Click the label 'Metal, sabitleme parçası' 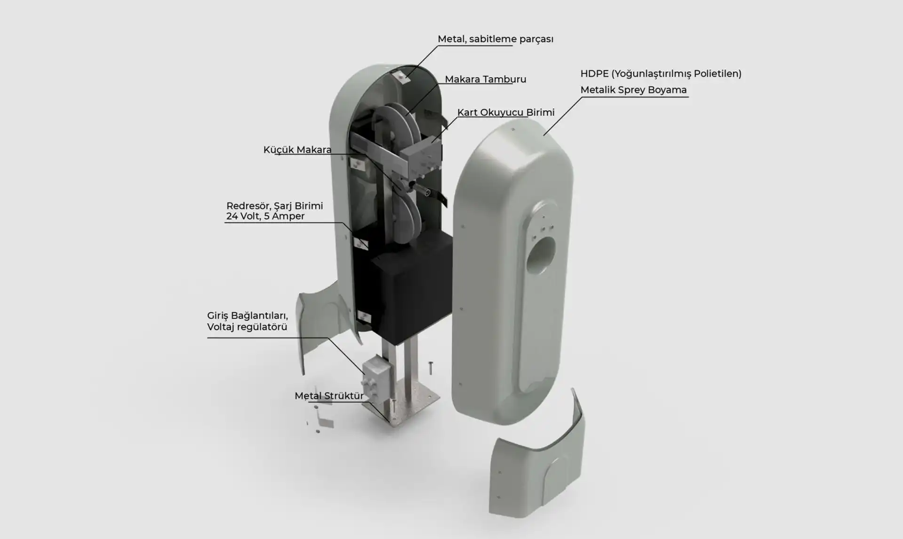[495, 39]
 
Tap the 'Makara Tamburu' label [485, 79]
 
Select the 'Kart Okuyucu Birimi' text [506, 113]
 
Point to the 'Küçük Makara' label [297, 150]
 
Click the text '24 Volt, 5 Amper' [265, 216]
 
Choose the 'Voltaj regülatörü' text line [247, 327]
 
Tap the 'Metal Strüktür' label [329, 396]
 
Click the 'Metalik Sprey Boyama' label [633, 90]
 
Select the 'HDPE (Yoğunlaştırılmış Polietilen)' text [661, 73]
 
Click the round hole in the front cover [541, 255]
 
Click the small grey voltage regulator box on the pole [377, 375]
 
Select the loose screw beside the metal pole [430, 368]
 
